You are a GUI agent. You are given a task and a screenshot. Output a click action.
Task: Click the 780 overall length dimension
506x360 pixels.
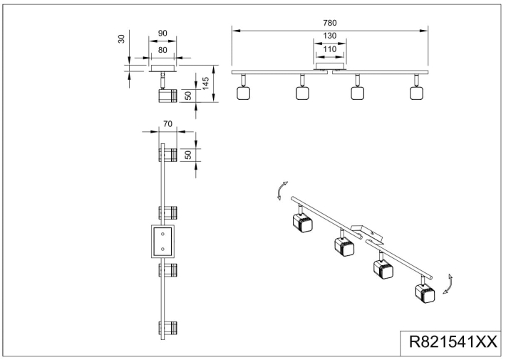330,23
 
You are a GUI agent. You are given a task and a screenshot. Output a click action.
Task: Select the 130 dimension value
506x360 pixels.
330,36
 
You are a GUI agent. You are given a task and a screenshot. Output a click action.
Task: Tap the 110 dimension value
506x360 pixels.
330,49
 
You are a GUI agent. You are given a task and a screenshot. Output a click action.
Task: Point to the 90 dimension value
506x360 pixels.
162,34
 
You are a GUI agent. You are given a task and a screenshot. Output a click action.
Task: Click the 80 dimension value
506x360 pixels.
162,50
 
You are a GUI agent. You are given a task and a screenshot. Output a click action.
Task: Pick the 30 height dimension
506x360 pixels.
121,39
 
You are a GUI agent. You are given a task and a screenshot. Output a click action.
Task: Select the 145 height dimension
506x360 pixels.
205,83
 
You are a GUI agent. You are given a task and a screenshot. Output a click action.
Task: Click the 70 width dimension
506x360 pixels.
167,123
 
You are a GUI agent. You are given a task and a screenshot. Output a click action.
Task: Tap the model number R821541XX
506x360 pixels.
453,341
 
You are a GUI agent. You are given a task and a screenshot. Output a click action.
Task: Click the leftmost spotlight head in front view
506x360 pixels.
243,93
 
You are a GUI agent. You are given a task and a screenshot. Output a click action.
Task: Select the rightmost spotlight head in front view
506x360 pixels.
417,93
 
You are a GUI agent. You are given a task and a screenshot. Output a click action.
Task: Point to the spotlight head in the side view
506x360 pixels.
167,96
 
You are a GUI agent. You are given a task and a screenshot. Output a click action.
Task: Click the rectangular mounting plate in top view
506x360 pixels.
162,241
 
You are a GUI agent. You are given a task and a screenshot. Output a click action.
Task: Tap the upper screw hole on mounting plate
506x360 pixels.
162,234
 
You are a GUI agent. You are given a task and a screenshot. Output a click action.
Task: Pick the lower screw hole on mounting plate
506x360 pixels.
162,249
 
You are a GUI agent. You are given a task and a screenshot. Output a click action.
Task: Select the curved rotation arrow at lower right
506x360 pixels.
449,284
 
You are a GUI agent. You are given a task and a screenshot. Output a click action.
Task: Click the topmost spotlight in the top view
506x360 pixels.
167,155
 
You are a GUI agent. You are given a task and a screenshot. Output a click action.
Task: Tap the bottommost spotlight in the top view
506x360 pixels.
167,328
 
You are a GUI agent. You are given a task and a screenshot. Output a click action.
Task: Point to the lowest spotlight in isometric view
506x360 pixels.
425,294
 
